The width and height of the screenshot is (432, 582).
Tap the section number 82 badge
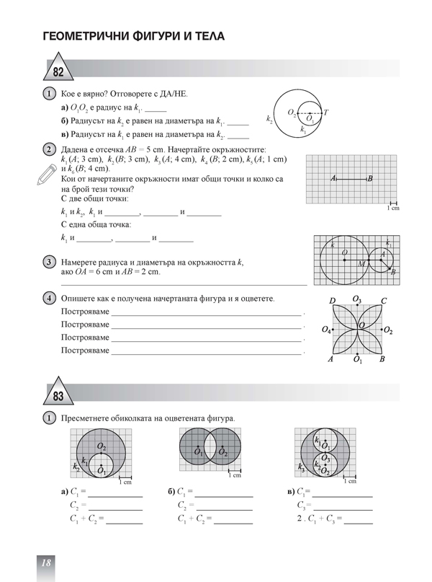[58, 71]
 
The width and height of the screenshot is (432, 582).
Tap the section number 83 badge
[58, 396]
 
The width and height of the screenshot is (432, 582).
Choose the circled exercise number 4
[49, 298]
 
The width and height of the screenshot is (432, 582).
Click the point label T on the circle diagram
[325, 113]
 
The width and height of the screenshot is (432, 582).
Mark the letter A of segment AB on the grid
[333, 178]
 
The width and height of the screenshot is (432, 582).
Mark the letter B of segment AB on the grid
[369, 178]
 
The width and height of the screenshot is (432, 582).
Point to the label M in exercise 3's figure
[362, 264]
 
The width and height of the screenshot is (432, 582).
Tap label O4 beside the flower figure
[326, 330]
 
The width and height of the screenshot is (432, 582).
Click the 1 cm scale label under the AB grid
[393, 208]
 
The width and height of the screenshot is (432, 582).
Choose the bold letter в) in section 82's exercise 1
[65, 134]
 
